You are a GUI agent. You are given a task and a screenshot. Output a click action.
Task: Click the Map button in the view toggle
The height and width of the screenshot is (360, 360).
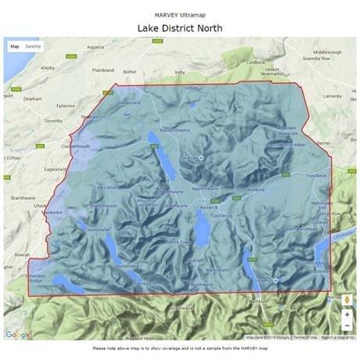pyautogui.click(x=14, y=46)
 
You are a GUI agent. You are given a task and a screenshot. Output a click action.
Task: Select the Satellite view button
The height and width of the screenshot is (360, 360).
pyautogui.click(x=33, y=46)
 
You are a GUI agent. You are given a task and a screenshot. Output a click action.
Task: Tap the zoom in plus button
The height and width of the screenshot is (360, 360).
pyautogui.click(x=347, y=314)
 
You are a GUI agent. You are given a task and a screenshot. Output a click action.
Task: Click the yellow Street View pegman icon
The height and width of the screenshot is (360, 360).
pyautogui.click(x=347, y=298)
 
